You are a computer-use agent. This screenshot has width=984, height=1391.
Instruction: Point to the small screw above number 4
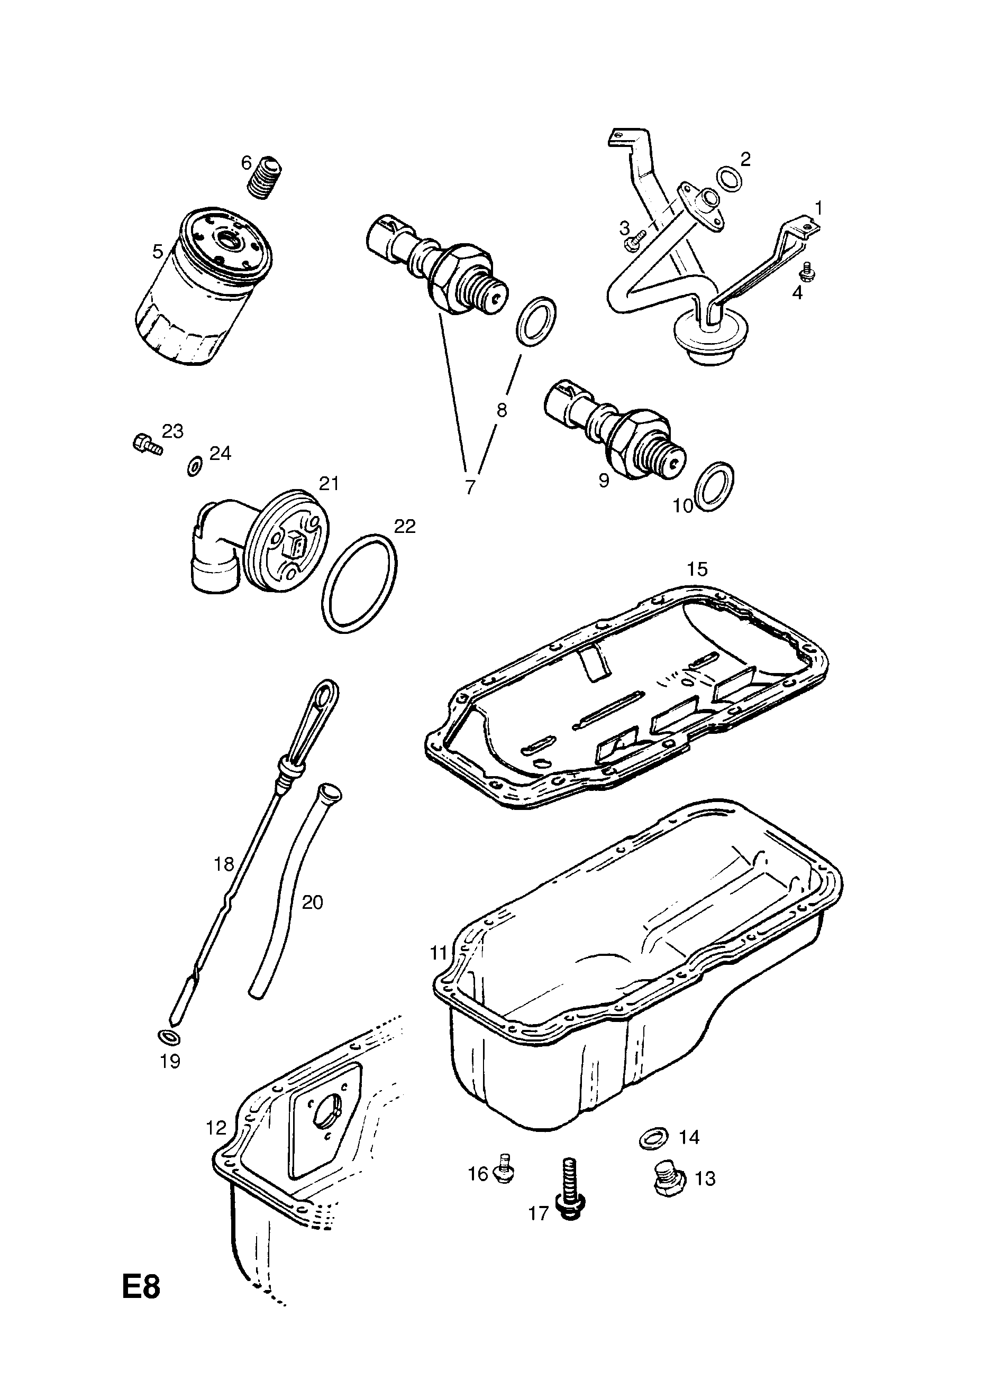806,272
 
